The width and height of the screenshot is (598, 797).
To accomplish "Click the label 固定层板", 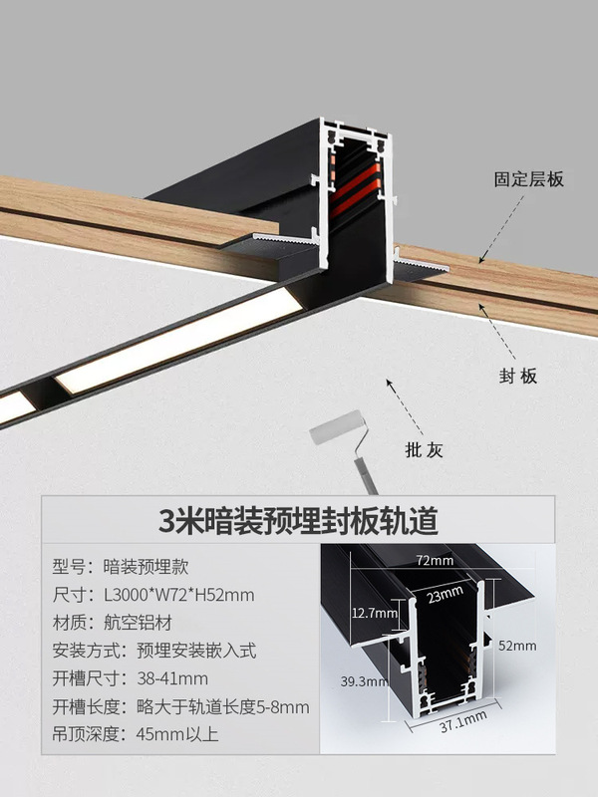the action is [x=529, y=180].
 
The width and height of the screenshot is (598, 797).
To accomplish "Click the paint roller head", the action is [x=338, y=432].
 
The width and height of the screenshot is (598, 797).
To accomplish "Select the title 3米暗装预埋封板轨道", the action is [x=298, y=520].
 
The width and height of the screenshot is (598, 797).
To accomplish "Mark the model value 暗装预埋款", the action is [x=148, y=567].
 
